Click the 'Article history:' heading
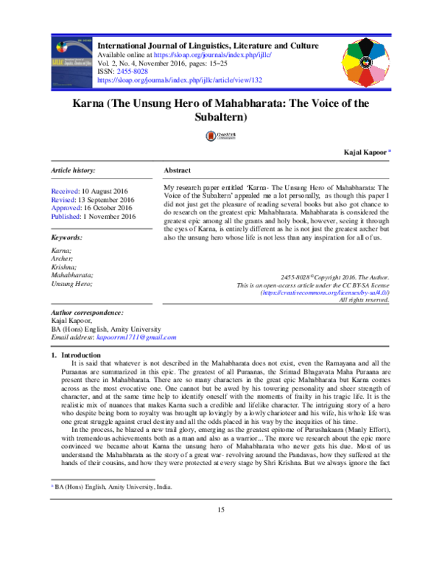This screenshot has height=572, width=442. point(73,170)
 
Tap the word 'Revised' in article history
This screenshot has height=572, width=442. point(63,199)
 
